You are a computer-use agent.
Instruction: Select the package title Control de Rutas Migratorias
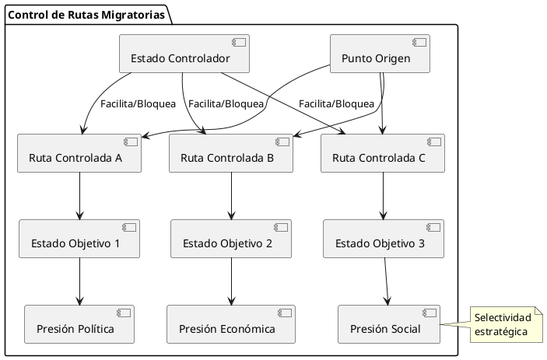pos(87,14)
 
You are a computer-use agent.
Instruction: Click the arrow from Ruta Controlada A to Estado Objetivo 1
pos(79,196)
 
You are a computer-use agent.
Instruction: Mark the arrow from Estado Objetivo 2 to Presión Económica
pos(231,281)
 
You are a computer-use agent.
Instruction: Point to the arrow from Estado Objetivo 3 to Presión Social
pos(387,281)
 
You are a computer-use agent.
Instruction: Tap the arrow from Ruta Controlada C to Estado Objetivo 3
pos(383,196)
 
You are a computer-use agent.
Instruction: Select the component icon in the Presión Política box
pos(124,313)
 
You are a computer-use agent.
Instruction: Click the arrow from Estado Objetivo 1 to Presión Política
pos(79,281)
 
